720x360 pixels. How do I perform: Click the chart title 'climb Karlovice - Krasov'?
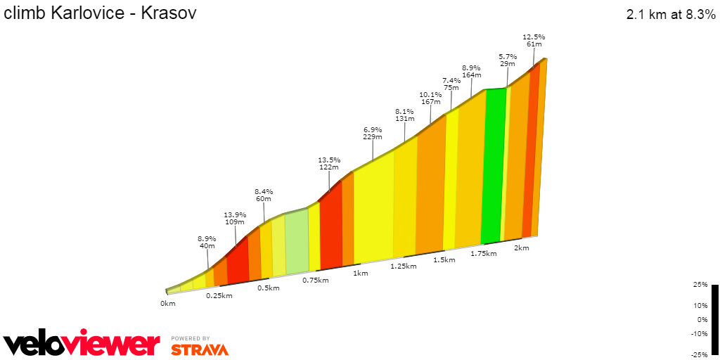(101, 13)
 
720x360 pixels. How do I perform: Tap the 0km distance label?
(167, 304)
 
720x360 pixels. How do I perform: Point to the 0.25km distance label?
(219, 296)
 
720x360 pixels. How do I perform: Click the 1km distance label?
(361, 274)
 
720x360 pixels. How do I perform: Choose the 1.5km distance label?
(444, 259)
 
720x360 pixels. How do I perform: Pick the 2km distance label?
(521, 248)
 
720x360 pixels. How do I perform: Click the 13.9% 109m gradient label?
(234, 218)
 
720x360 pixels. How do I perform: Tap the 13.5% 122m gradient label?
(328, 163)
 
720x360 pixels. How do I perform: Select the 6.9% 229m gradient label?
(373, 134)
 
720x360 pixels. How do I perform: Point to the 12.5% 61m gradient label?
(534, 40)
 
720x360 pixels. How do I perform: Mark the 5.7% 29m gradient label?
(508, 60)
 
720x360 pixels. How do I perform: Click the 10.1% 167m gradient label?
(430, 98)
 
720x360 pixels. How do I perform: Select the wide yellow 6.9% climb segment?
(373, 211)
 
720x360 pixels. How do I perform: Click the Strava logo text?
(200, 349)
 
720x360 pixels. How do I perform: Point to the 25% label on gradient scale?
(700, 285)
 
